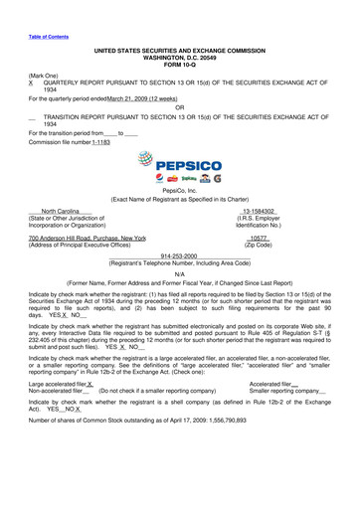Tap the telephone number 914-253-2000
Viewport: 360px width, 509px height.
click(179, 253)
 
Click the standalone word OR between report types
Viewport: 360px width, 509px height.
click(179, 106)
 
